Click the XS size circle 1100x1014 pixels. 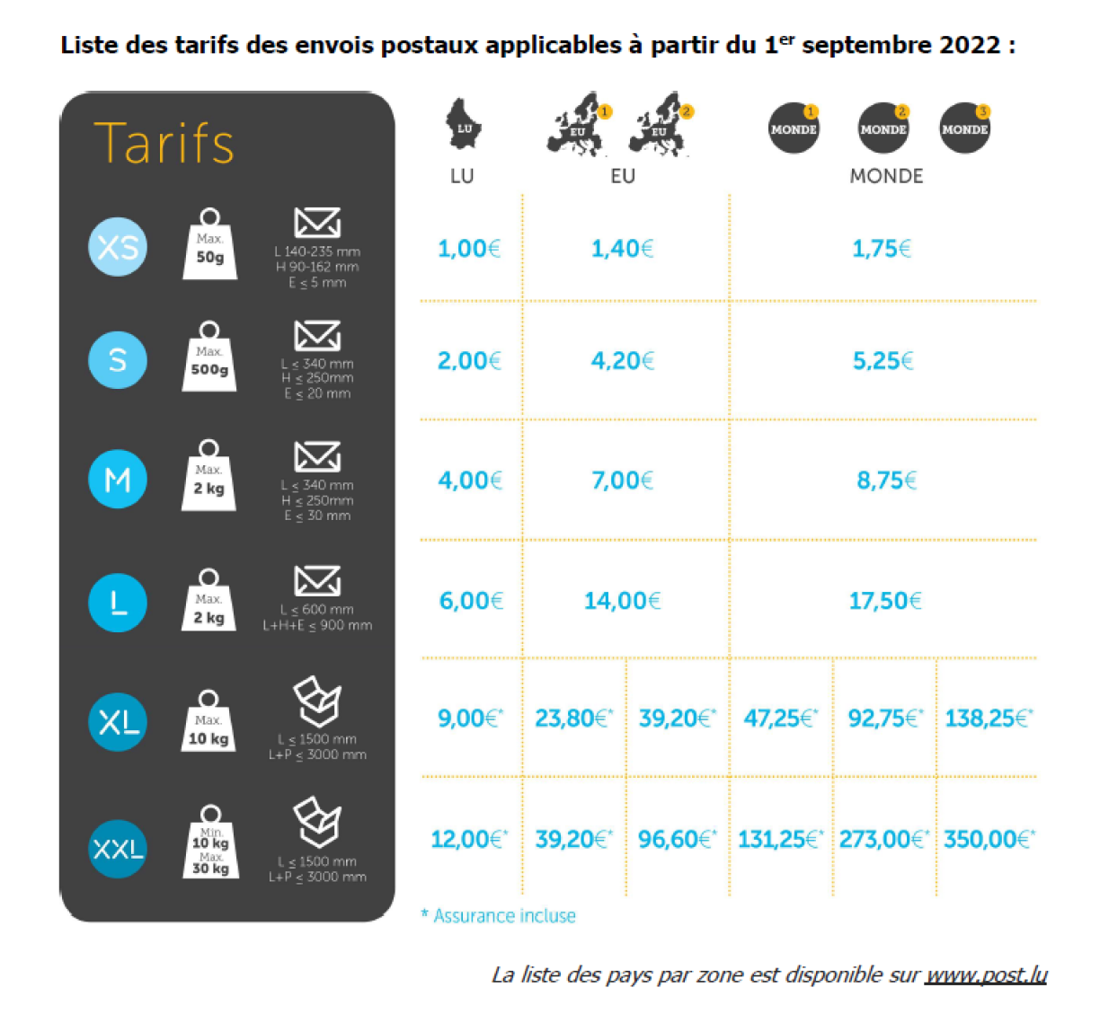click(118, 247)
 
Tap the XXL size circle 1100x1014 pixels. click(118, 848)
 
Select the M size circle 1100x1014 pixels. click(118, 480)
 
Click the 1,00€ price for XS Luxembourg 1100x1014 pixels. click(468, 249)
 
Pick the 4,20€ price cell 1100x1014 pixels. click(622, 361)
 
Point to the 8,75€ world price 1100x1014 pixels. click(886, 481)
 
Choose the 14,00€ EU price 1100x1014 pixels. click(622, 601)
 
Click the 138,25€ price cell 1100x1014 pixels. click(988, 719)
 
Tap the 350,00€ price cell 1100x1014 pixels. click(989, 840)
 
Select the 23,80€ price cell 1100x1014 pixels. click(573, 719)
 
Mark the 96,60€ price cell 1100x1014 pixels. click(677, 840)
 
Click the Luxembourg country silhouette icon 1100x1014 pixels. click(464, 125)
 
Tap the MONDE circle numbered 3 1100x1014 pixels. click(964, 128)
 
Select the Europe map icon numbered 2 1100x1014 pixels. click(661, 125)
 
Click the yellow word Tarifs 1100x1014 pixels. click(164, 144)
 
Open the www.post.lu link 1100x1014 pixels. click(986, 974)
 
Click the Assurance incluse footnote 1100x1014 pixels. click(499, 916)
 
